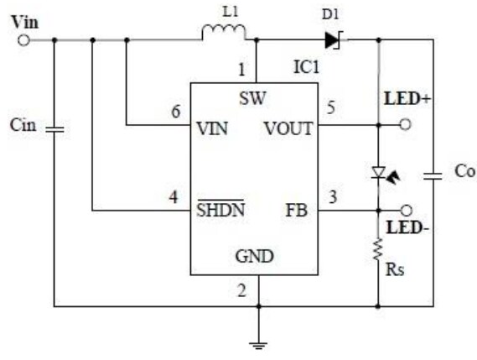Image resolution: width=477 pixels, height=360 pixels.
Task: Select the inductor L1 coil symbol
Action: coord(223,33)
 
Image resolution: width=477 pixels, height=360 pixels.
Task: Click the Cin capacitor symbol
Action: coord(55,130)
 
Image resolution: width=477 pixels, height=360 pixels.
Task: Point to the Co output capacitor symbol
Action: coord(433,175)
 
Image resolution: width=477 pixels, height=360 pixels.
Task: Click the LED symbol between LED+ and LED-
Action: coord(378,174)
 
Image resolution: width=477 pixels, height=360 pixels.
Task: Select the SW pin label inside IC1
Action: coord(251,98)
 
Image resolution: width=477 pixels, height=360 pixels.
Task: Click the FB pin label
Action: coord(298,211)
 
